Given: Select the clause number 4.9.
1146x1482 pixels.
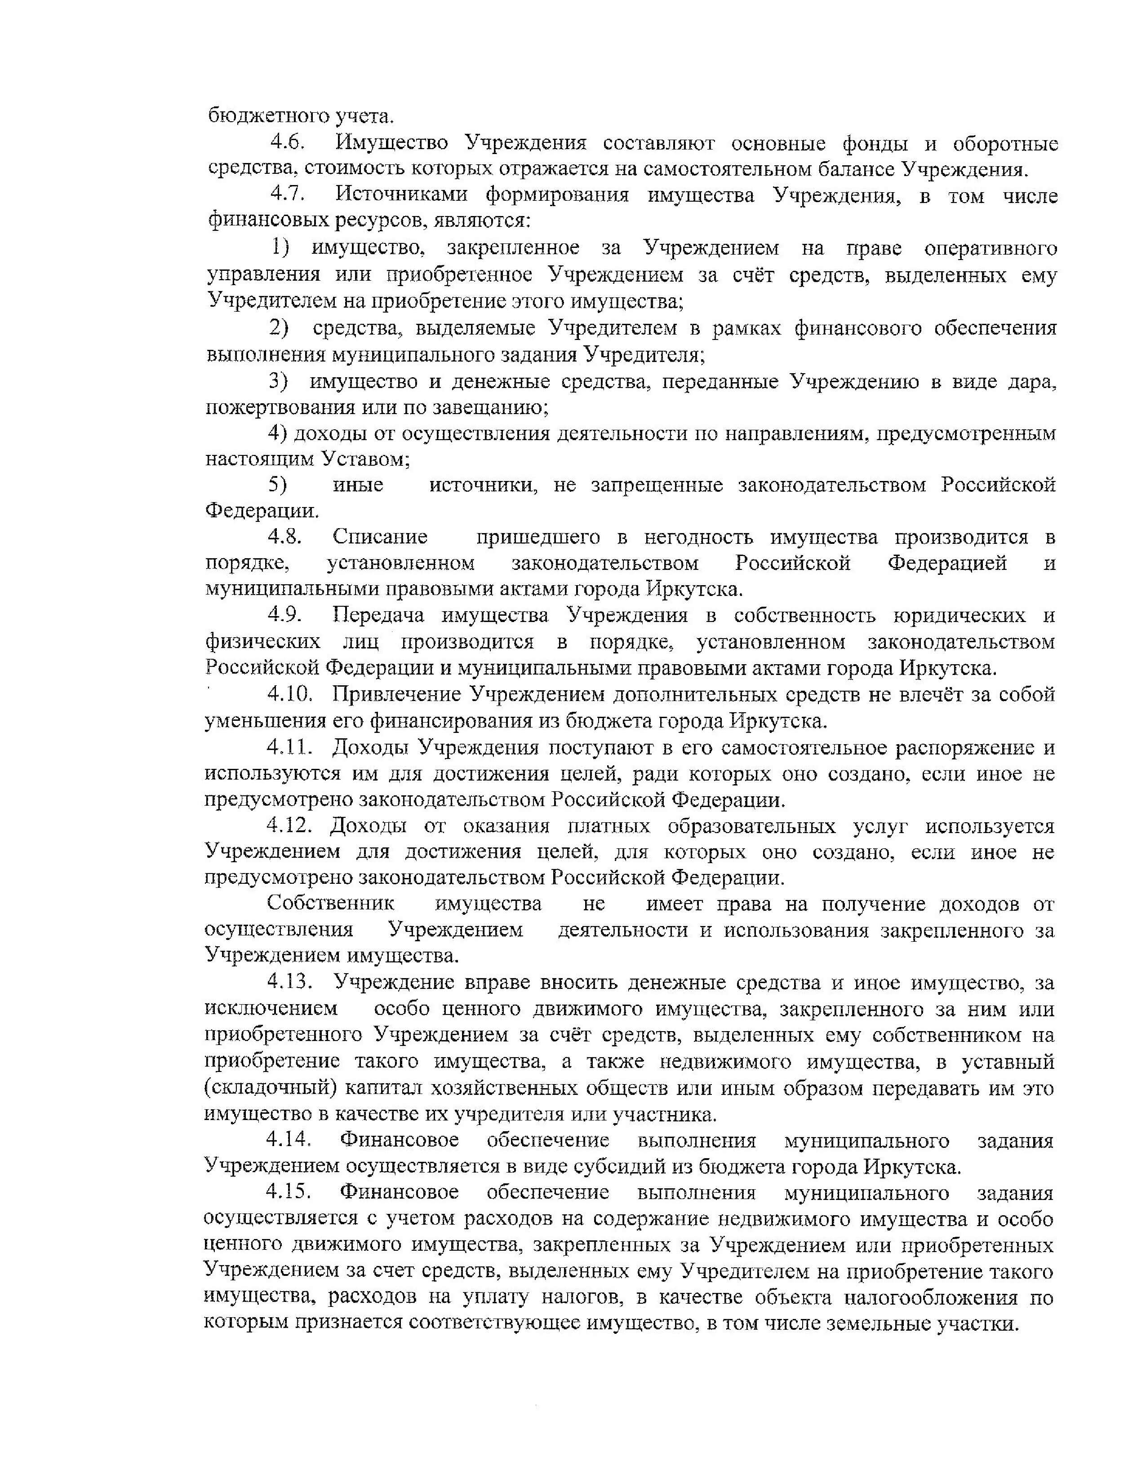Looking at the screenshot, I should point(284,615).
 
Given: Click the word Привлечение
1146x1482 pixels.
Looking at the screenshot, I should point(396,695).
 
